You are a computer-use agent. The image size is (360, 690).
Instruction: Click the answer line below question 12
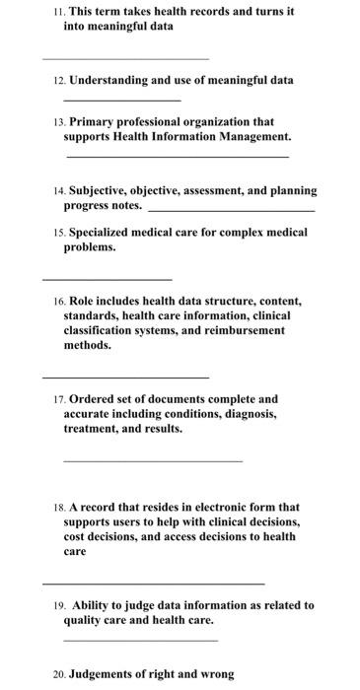[x=121, y=101]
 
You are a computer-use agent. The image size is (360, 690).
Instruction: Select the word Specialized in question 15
[x=103, y=233]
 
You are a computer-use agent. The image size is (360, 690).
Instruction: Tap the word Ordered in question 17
[x=94, y=399]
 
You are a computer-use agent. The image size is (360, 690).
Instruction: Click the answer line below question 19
[x=140, y=641]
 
